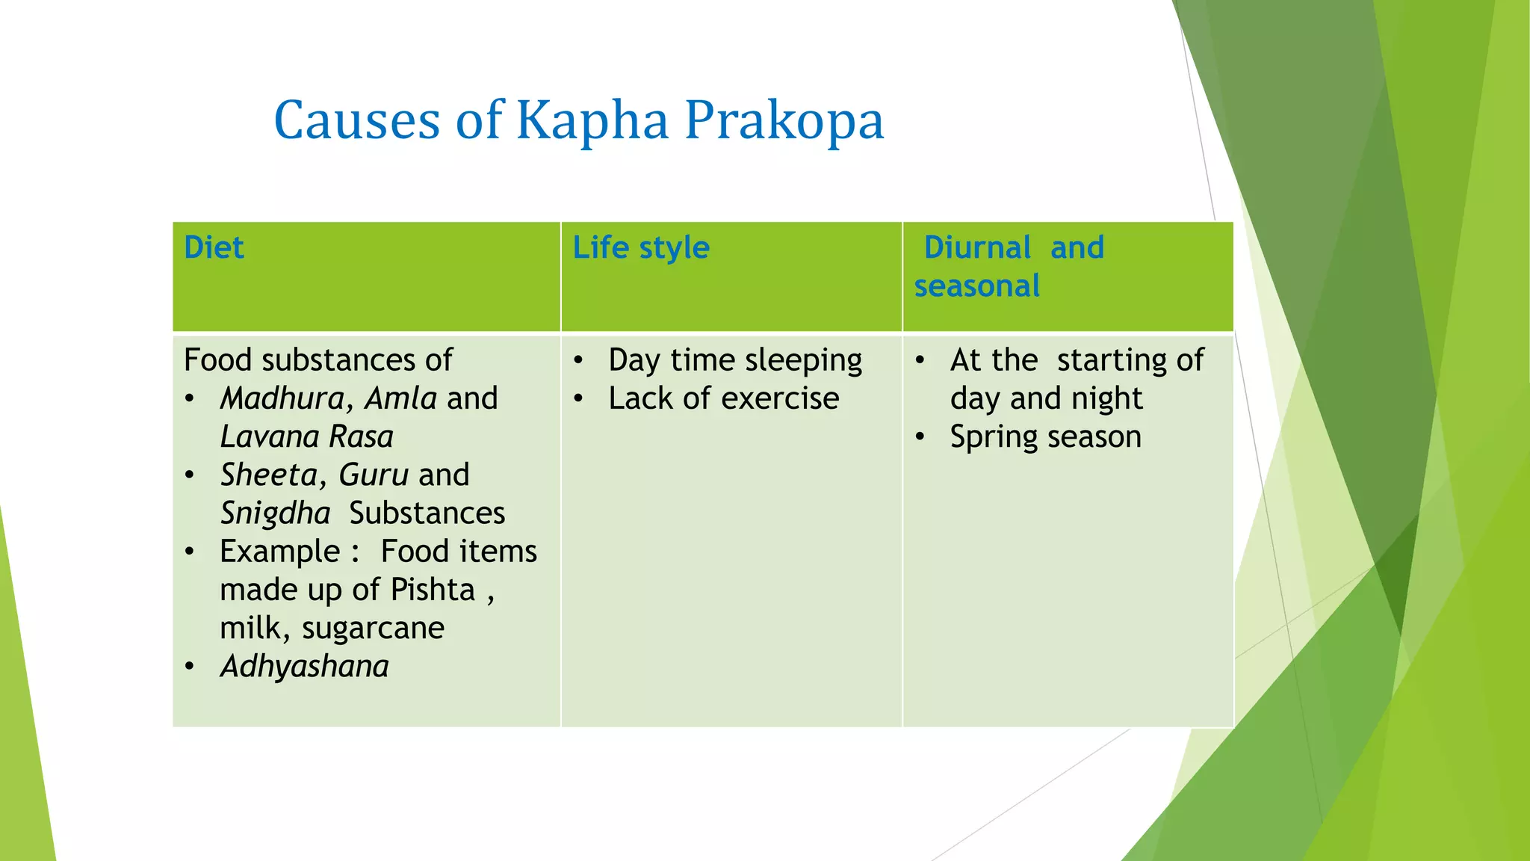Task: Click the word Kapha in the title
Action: [592, 121]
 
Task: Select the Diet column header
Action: [214, 248]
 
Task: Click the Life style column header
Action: [640, 248]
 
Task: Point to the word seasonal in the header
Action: [976, 286]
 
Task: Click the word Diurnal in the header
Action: [977, 248]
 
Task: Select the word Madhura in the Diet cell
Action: [282, 398]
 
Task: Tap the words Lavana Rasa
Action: [306, 437]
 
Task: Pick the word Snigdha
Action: [275, 513]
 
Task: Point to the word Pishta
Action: [433, 590]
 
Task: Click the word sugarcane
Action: [373, 629]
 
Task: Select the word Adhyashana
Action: [304, 667]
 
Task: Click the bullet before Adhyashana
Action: [190, 667]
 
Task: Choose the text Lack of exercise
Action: [723, 398]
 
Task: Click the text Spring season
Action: [1045, 437]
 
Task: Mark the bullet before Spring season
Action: [920, 437]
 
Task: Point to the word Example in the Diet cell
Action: [279, 552]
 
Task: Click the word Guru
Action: [373, 475]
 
